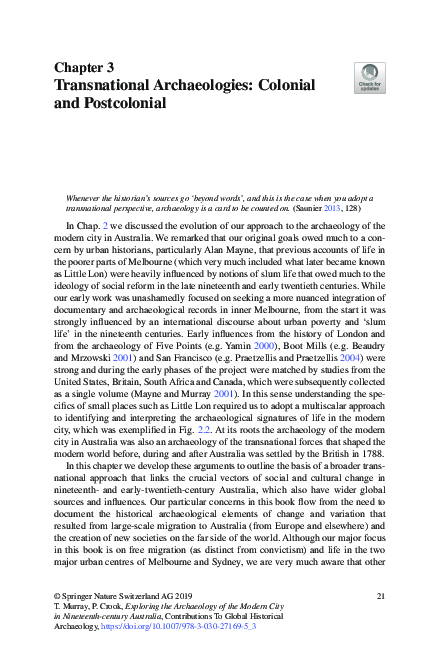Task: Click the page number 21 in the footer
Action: point(380,596)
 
